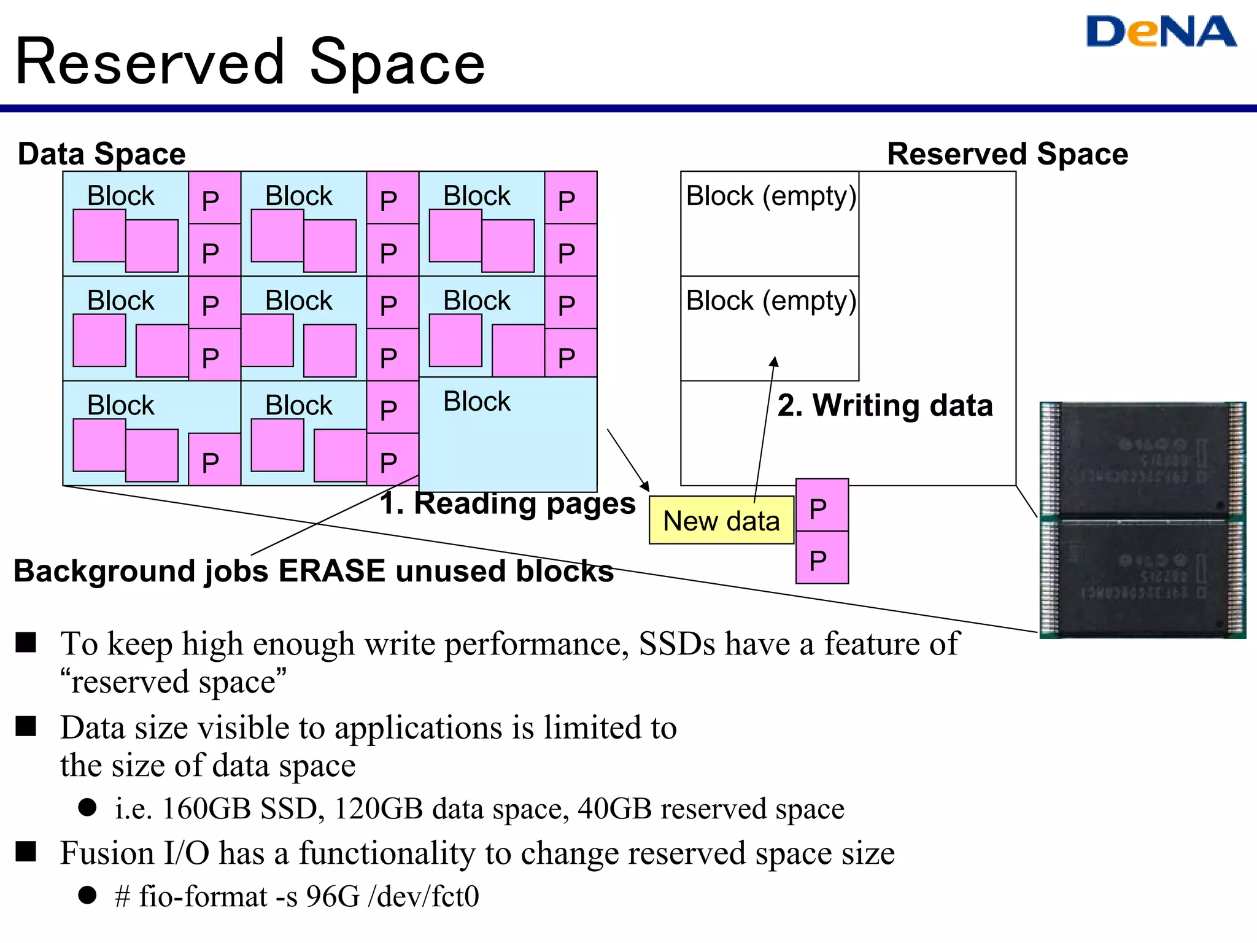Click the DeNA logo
1161,32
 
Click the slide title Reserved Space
250,62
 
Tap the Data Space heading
101,153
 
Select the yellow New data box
721,521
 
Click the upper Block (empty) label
770,196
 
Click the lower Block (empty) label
770,301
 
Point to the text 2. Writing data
884,405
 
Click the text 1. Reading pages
507,503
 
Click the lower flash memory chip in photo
1142,577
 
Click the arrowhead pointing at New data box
645,487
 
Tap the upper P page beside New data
822,506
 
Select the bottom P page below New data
822,559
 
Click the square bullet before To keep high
26,642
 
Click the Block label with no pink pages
476,402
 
